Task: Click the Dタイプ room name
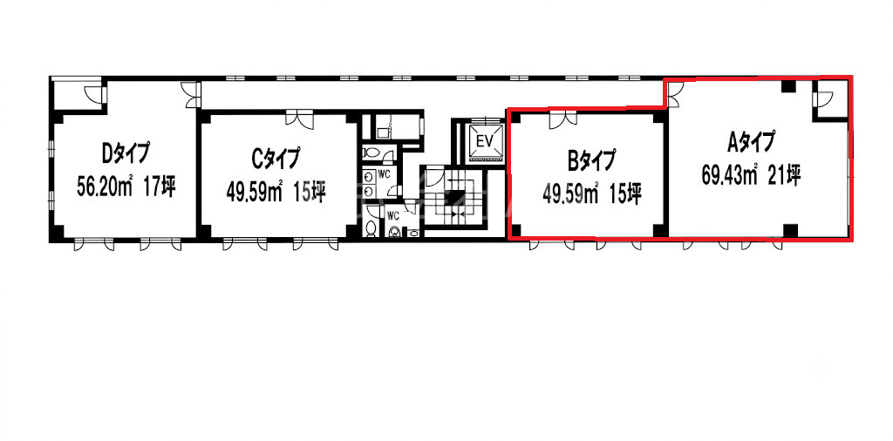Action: tap(126, 153)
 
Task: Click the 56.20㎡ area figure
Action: tap(105, 187)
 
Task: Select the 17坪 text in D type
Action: tap(160, 187)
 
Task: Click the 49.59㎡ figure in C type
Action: tap(255, 193)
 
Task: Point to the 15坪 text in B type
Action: tap(627, 194)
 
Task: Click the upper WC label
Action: tap(384, 174)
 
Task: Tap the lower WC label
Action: tap(393, 215)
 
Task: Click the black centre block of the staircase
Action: tap(455, 199)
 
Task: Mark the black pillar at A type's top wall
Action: tap(787, 86)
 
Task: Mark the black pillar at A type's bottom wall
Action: tap(789, 230)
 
